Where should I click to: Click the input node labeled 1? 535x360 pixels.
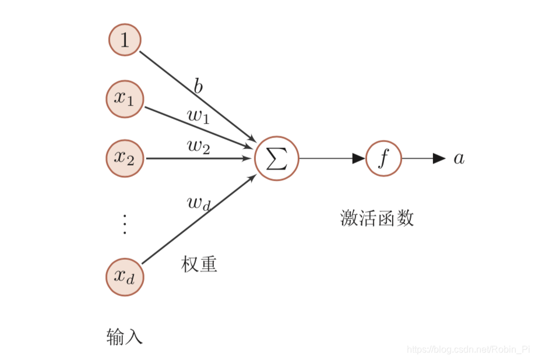125,40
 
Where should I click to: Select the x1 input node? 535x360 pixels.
125,99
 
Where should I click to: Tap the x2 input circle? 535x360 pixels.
125,158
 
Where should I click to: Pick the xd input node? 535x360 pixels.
125,277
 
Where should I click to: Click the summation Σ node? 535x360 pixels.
276,158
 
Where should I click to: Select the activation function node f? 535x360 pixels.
383,158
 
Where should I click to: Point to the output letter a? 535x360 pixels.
459,158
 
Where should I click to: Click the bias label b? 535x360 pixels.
198,87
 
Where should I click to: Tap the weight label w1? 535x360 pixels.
198,115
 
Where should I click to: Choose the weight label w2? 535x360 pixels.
198,146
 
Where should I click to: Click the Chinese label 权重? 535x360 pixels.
199,264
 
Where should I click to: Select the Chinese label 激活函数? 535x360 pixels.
376,218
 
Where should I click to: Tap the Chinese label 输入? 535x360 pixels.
124,337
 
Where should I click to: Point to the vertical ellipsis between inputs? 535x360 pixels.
124,224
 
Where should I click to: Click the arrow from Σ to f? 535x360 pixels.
332,158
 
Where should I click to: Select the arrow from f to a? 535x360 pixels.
423,158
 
